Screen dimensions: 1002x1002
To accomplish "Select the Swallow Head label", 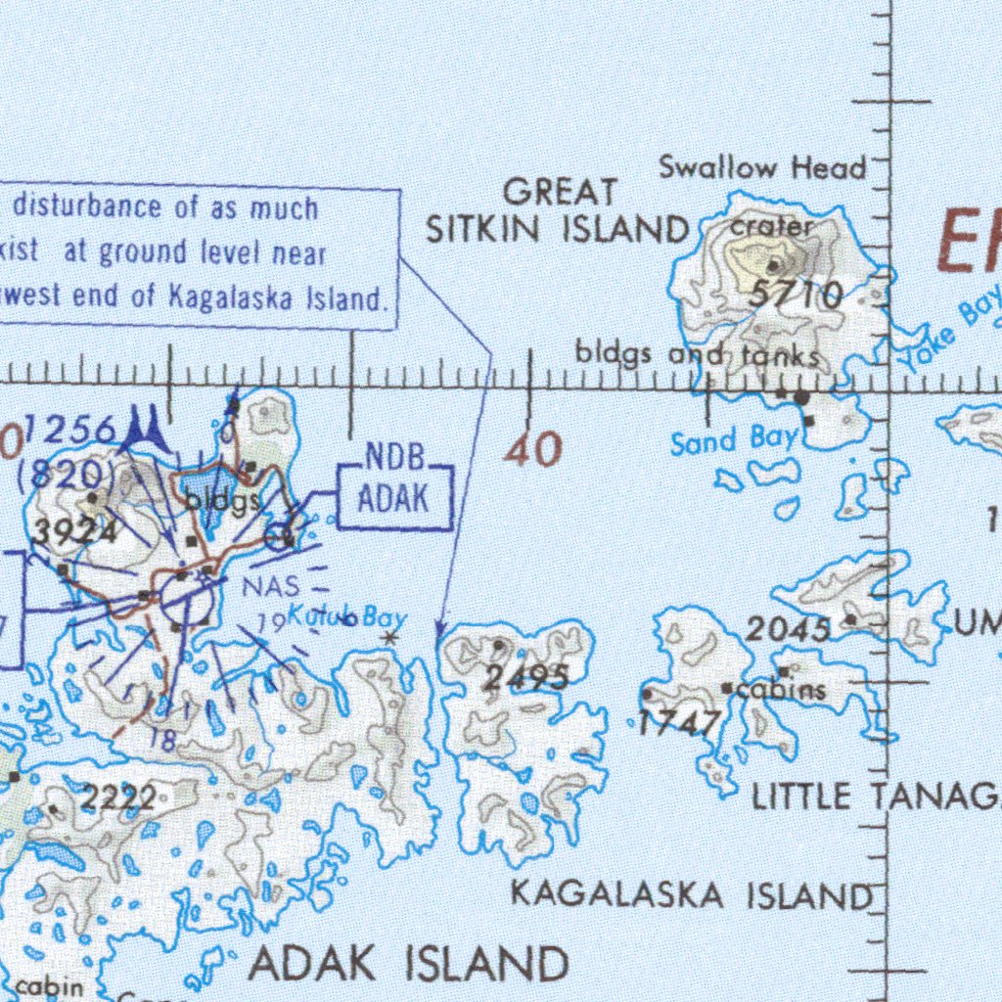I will (x=762, y=167).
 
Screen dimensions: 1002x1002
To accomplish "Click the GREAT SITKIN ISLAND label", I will (x=558, y=211).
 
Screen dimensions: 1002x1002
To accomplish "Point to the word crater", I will (x=772, y=226).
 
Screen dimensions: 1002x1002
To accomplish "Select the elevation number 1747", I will (x=680, y=723).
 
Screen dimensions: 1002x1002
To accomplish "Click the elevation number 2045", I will (x=789, y=630).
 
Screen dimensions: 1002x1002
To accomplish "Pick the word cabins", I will (x=781, y=691).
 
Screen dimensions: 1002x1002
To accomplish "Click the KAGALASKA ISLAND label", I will (x=691, y=893).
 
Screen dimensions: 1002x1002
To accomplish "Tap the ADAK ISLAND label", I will (x=409, y=964).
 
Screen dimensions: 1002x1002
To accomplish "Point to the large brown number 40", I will (x=534, y=450).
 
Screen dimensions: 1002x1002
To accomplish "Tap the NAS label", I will (x=265, y=587).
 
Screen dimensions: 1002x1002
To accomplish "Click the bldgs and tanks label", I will (x=697, y=354).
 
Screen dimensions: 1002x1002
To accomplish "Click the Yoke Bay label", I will (x=949, y=330).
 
